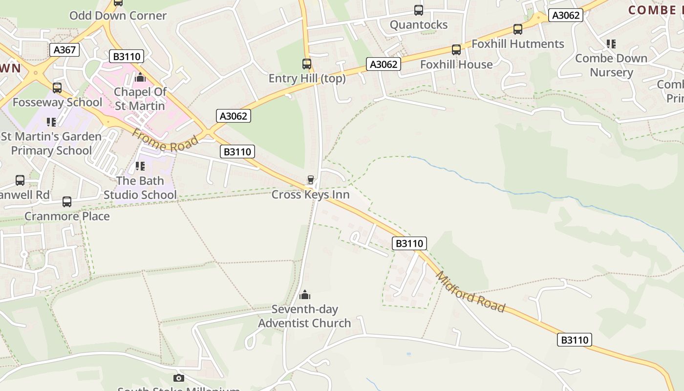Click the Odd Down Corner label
tap(118, 16)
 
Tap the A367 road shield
tap(64, 50)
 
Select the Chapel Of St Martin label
tap(140, 99)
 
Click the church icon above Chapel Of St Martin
tap(140, 77)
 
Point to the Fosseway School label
tap(57, 103)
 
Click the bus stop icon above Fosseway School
tap(57, 88)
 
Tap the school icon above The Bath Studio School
tap(140, 166)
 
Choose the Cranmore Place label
tap(67, 216)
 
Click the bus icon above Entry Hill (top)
tap(307, 64)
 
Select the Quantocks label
tap(419, 25)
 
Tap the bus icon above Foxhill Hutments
tap(518, 29)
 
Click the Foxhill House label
tap(456, 65)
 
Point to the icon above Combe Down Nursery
tap(611, 44)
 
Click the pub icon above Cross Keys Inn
tap(310, 180)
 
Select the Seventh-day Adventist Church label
tap(304, 316)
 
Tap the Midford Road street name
tap(470, 292)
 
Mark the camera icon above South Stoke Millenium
tap(179, 378)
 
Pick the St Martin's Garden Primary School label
tap(51, 143)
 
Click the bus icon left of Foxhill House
tap(456, 50)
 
